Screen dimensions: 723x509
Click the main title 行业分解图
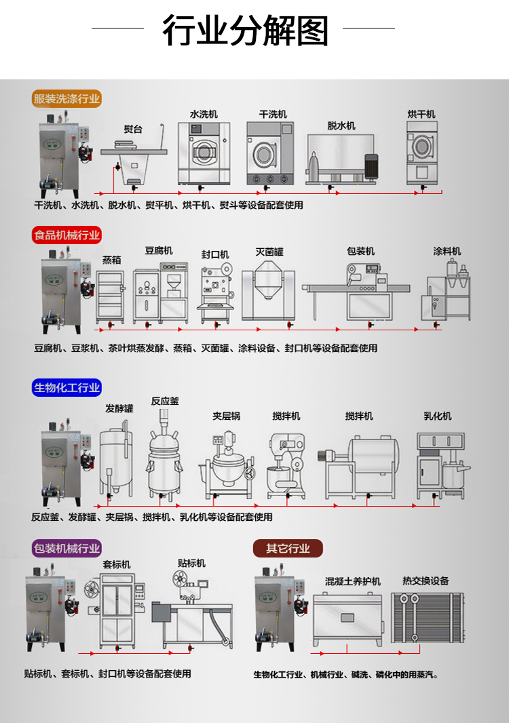pyautogui.click(x=245, y=31)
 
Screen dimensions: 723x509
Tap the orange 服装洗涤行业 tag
pyautogui.click(x=67, y=99)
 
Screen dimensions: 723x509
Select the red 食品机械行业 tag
pyautogui.click(x=67, y=236)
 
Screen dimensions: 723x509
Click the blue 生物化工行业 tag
pyautogui.click(x=67, y=388)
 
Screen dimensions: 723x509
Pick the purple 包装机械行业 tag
pyautogui.click(x=67, y=548)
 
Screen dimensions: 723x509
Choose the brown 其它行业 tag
pyautogui.click(x=287, y=548)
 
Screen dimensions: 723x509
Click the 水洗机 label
pyautogui.click(x=203, y=115)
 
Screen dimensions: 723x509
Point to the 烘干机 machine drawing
pyautogui.click(x=421, y=153)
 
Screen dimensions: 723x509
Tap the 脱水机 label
pyautogui.click(x=341, y=126)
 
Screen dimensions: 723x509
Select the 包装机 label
pyautogui.click(x=360, y=252)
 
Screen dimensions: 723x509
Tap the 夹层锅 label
pyautogui.click(x=226, y=416)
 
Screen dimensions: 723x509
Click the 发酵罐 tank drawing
pyautogui.click(x=116, y=458)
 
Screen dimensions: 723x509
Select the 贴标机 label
pyautogui.click(x=191, y=564)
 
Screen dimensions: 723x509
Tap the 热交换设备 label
pyautogui.click(x=426, y=581)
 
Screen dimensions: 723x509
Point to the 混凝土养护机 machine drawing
pyautogui.click(x=347, y=619)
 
